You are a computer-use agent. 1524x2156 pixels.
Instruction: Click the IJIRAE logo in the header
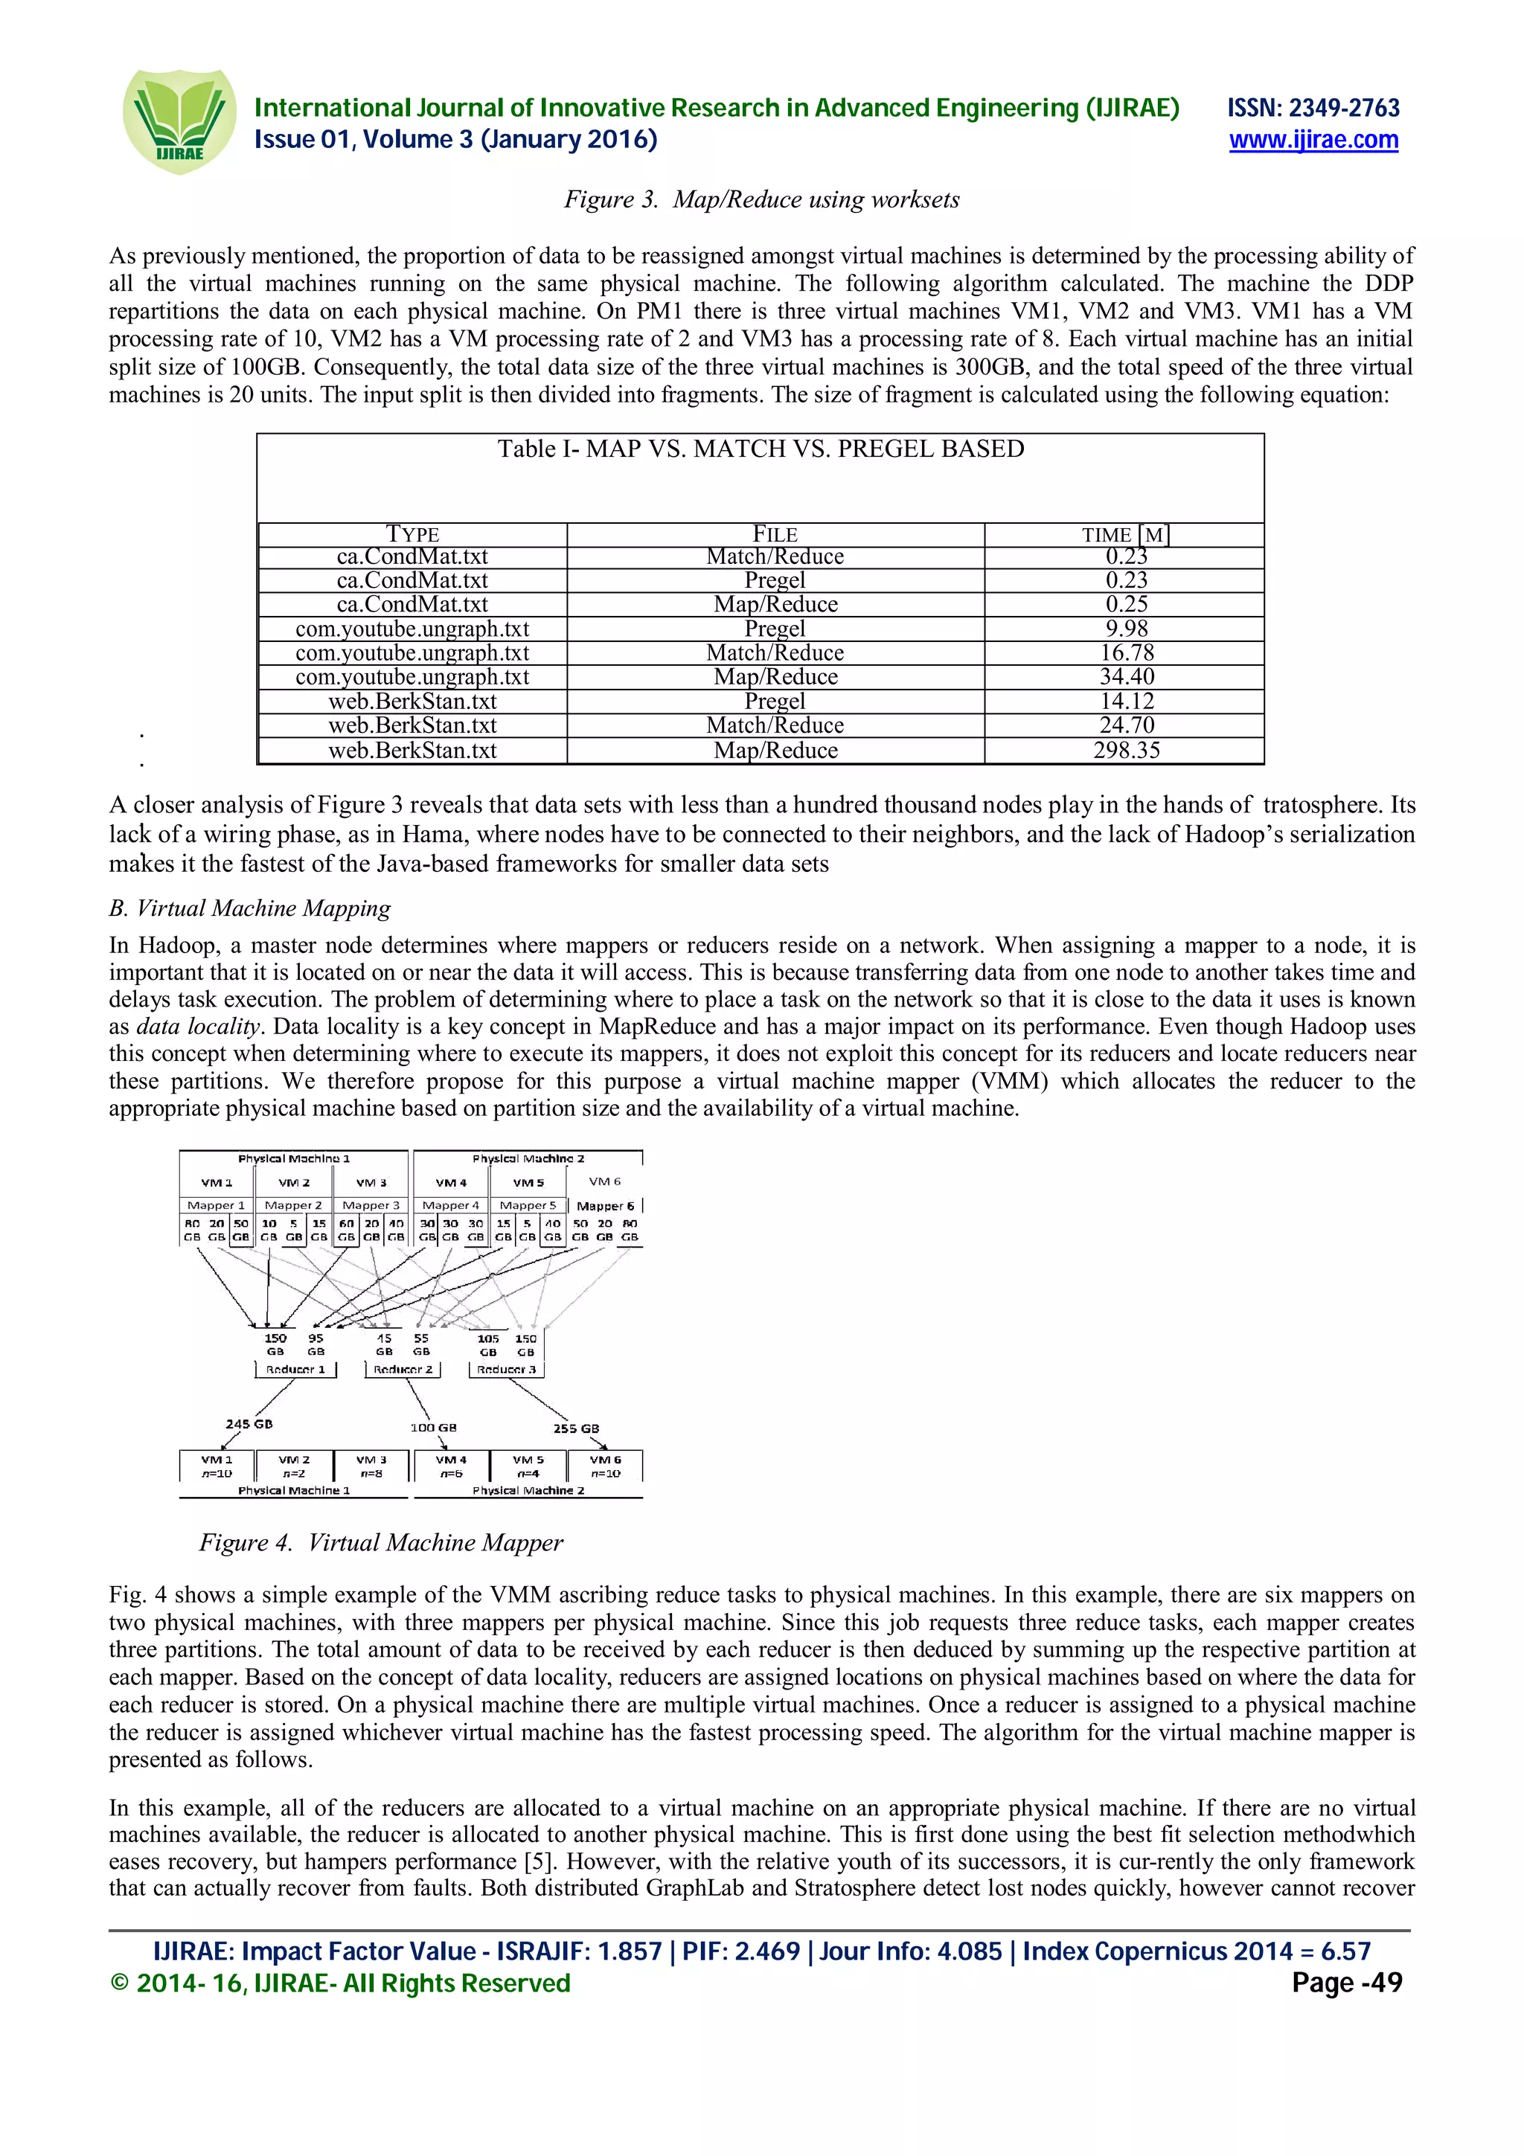[x=179, y=122]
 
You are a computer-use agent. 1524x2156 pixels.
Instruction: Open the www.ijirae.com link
[x=1313, y=141]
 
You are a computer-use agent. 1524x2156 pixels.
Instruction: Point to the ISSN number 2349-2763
[x=1313, y=108]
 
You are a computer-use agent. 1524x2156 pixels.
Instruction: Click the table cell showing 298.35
[x=1125, y=750]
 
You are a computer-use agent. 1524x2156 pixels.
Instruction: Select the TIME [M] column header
[x=1125, y=535]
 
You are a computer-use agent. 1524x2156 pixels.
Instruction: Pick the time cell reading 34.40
[x=1125, y=677]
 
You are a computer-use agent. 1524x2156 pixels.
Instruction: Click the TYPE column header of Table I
[x=412, y=535]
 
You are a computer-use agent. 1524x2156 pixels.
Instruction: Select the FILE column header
[x=775, y=535]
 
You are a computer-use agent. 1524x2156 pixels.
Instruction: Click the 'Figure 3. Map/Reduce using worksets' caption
[x=761, y=200]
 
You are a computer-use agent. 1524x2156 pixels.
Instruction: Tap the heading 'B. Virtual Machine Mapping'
[x=250, y=908]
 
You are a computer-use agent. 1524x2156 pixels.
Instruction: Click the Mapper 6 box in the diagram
[x=605, y=1206]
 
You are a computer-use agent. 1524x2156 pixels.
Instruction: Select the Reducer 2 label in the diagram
[x=403, y=1370]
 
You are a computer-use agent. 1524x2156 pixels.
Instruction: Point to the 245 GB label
[x=249, y=1423]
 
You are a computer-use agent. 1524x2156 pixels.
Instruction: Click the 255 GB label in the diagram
[x=576, y=1428]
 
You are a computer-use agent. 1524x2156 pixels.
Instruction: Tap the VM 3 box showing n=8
[x=371, y=1466]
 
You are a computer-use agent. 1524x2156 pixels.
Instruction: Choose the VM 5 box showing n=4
[x=528, y=1466]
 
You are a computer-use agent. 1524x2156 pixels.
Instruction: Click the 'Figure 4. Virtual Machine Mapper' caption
[x=380, y=1543]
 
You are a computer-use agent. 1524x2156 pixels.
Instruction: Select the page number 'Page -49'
[x=1345, y=1982]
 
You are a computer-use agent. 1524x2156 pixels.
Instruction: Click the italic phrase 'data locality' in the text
[x=197, y=1027]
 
